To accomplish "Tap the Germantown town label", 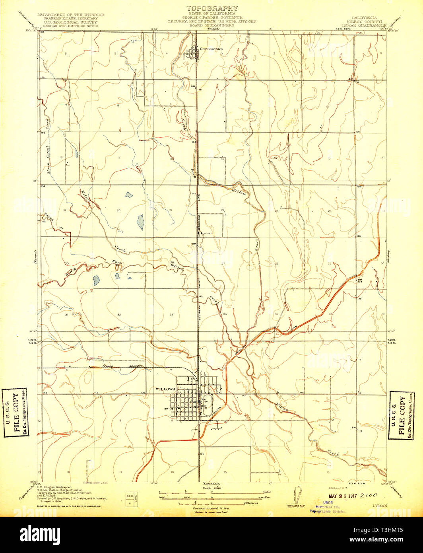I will (x=211, y=49).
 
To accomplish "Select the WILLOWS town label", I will (x=165, y=389).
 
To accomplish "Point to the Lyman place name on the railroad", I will (x=207, y=234).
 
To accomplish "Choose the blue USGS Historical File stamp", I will (x=328, y=507).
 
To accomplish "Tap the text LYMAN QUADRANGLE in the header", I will (x=367, y=25).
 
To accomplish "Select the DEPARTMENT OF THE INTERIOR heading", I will (x=71, y=15).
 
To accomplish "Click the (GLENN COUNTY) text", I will (x=367, y=22).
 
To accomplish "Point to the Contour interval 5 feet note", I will (x=212, y=508).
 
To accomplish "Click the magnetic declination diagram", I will (x=298, y=495).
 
